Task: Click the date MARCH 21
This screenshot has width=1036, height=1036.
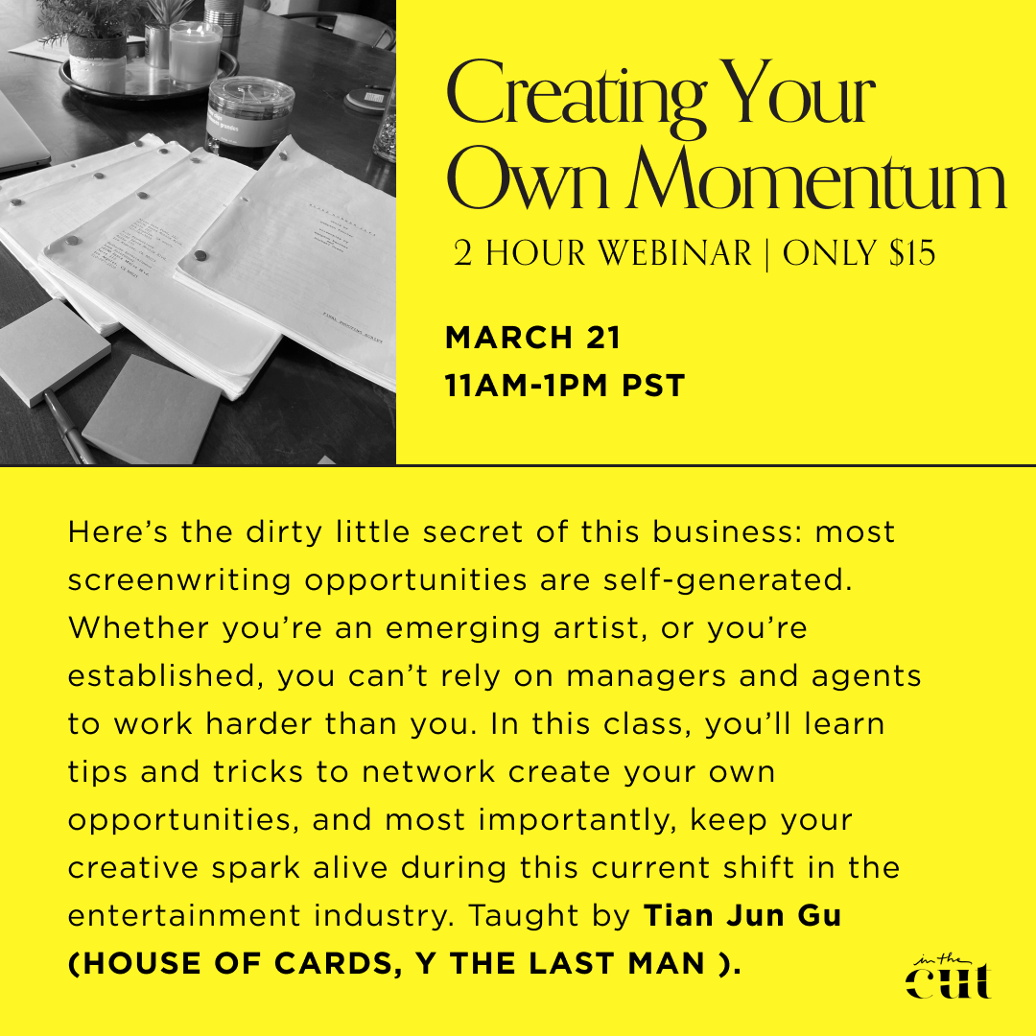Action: (x=533, y=338)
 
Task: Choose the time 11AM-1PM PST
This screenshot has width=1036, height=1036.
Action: (x=565, y=386)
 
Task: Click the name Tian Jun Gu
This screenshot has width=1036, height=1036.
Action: (x=742, y=916)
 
